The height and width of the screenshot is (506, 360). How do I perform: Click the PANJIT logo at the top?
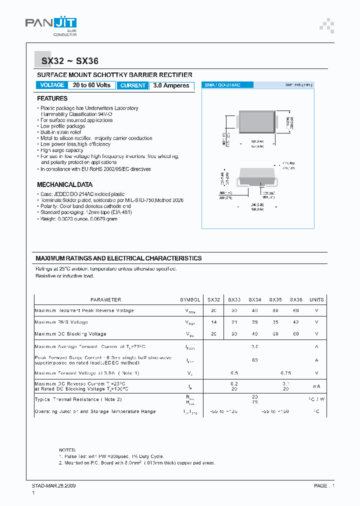click(51, 25)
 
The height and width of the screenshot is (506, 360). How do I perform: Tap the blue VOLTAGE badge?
click(52, 85)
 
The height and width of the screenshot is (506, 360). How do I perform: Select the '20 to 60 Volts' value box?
click(91, 85)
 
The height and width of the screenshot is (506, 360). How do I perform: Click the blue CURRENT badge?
click(133, 85)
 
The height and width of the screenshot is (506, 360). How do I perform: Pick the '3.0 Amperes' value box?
click(171, 85)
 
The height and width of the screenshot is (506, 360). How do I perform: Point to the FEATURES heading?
click(52, 98)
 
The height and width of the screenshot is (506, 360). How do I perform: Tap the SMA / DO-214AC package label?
click(222, 85)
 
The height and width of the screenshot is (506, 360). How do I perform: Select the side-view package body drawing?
click(257, 176)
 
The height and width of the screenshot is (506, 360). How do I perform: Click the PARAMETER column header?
click(105, 299)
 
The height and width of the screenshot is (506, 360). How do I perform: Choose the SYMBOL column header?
click(190, 299)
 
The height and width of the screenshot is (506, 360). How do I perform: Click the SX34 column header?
click(255, 299)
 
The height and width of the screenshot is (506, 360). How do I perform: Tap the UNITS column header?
click(316, 299)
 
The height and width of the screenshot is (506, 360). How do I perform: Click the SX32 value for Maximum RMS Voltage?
click(213, 322)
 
